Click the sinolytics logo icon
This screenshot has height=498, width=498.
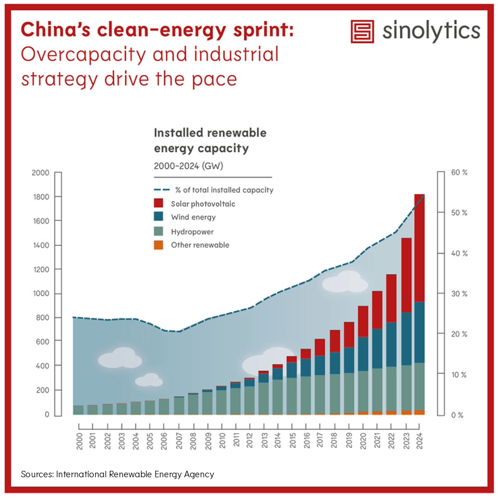tap(362, 31)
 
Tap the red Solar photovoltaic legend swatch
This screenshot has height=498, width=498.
tap(159, 203)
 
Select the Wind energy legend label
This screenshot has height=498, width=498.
tap(193, 217)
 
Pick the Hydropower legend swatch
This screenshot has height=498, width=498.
tap(159, 231)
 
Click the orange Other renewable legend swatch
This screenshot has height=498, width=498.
tap(159, 245)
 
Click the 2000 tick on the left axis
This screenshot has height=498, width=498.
tap(40, 173)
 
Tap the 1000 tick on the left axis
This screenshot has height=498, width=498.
tap(40, 294)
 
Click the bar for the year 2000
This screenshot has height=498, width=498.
tap(78, 410)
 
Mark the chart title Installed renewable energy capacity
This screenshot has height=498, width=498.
tap(210, 141)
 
